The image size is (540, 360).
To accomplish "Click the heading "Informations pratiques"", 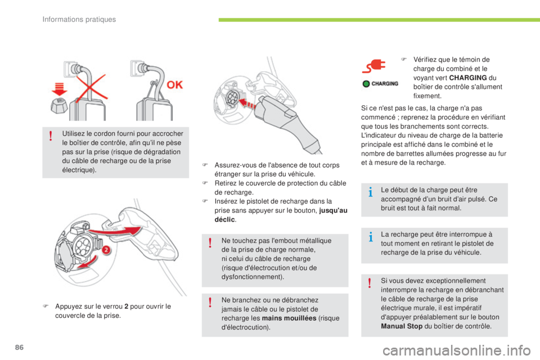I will point(79,20).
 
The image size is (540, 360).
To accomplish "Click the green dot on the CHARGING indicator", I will point(366,84).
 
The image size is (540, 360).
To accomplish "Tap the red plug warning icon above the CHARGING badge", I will point(373,66).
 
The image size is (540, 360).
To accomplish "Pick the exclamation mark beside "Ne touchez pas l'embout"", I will point(209,242).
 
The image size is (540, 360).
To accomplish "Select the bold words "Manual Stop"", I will point(400,326).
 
